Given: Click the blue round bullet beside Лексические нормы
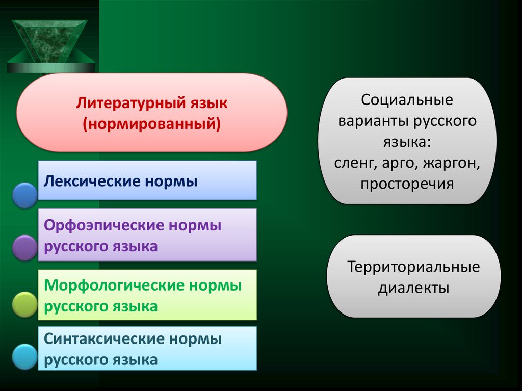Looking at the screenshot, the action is [x=24, y=195].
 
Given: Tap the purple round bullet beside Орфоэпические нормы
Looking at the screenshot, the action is [x=24, y=248].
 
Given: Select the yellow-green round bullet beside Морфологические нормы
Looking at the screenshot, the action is [x=24, y=304].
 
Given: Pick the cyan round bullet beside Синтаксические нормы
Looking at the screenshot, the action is [x=24, y=357].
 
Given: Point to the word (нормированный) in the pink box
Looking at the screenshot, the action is [x=152, y=124].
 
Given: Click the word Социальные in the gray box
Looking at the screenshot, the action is [x=407, y=100].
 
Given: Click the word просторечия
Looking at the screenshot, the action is [x=407, y=184].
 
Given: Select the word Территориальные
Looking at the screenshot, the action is [x=413, y=267].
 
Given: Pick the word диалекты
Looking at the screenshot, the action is [x=413, y=288].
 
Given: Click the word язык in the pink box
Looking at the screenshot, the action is [x=207, y=104].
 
